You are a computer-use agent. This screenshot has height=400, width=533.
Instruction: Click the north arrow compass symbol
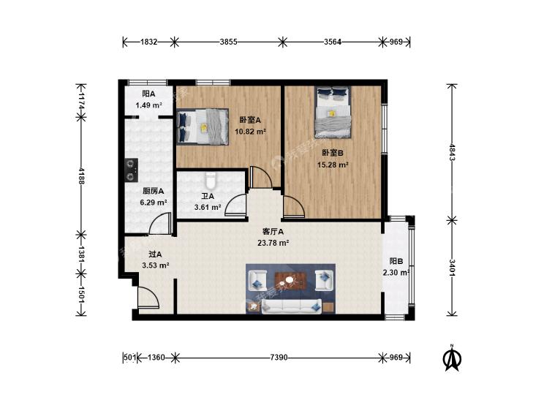coord(452,358)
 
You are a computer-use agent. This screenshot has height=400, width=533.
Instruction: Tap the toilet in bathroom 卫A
coord(211,181)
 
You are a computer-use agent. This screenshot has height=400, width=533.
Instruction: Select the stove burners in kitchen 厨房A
coord(131,170)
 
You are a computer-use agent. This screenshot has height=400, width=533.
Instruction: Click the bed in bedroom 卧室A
coord(203,127)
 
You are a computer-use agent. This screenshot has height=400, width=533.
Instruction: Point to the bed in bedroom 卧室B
coord(333,113)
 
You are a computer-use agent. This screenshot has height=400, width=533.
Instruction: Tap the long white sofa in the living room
coord(291,306)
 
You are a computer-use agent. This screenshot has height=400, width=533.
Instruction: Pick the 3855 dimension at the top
coord(228,42)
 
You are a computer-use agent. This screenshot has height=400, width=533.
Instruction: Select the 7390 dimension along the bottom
coord(279,358)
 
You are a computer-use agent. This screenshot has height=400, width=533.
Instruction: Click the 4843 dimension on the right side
coord(452,153)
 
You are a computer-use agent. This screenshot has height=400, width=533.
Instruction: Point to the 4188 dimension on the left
coord(81,176)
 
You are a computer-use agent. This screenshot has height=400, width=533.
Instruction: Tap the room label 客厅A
coord(273,232)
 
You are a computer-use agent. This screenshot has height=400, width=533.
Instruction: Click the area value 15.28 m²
coord(333,165)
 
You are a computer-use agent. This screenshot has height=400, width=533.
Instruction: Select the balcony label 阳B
coord(396,261)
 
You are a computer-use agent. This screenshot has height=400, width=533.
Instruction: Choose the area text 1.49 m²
coord(148,105)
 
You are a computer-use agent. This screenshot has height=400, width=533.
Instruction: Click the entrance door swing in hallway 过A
coord(148,298)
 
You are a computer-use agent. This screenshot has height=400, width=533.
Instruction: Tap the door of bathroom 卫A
coord(235,205)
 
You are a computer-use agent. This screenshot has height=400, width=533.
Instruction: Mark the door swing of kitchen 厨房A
coord(160,223)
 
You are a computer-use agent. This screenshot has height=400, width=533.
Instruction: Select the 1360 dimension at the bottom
coord(156,358)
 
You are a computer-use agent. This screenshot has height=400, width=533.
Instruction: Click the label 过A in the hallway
coord(155,254)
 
